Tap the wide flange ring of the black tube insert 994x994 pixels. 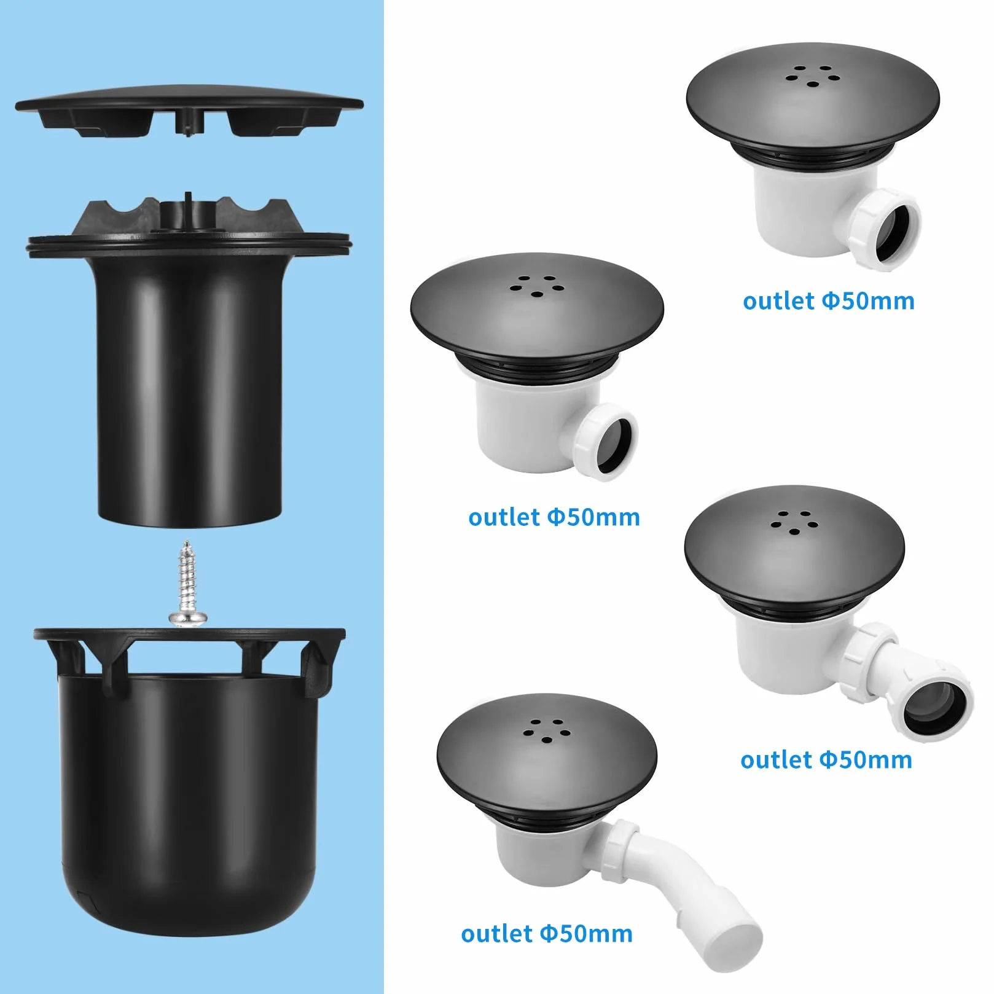(x=189, y=245)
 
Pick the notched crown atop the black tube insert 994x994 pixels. (x=189, y=215)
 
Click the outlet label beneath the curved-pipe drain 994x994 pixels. (x=547, y=933)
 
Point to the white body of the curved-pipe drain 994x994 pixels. (x=541, y=848)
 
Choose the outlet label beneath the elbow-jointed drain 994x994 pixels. (x=826, y=760)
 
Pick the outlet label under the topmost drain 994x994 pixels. (x=829, y=301)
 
